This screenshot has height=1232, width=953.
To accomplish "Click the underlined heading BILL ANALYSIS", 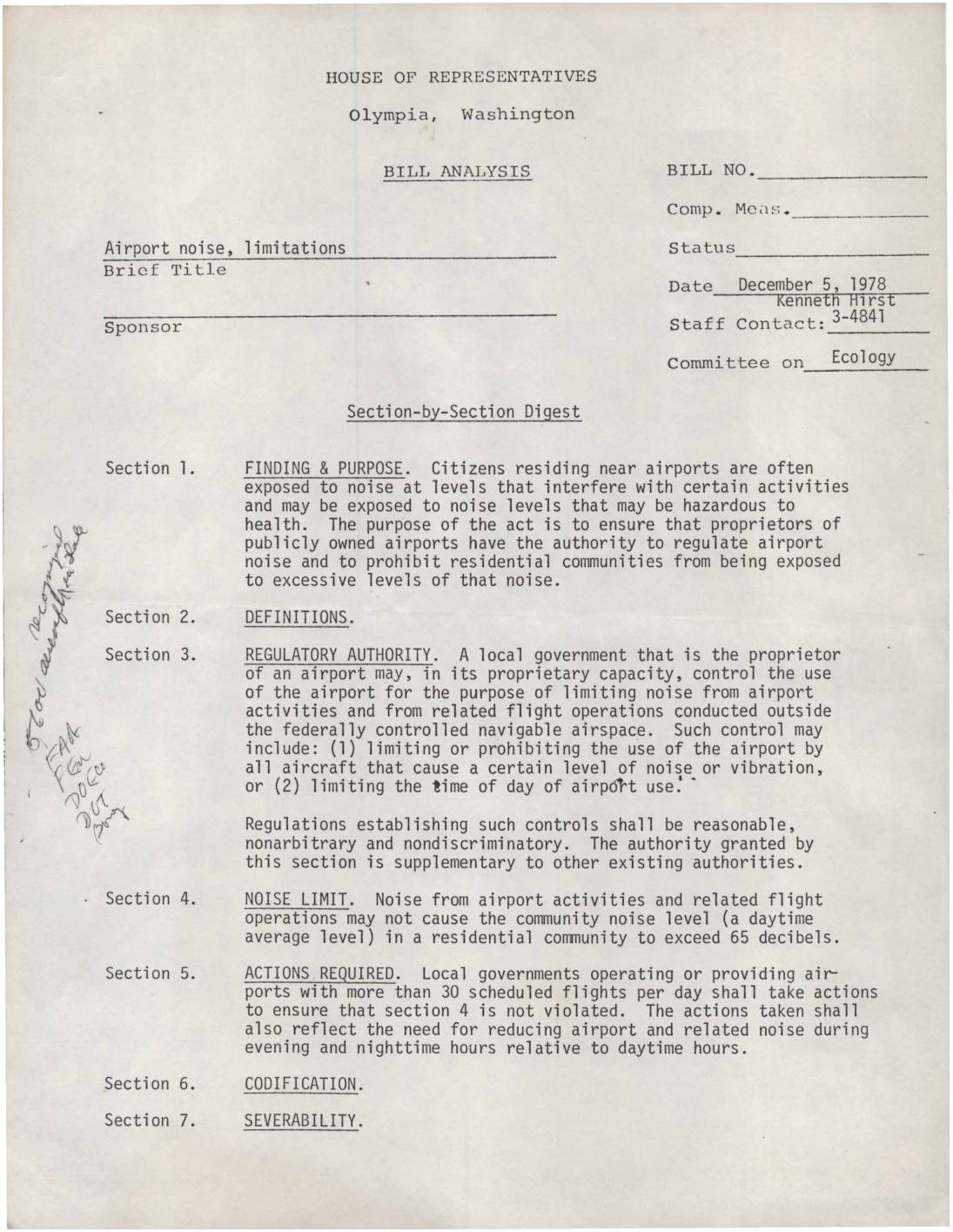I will [457, 172].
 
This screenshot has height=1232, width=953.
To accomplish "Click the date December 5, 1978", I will [811, 285].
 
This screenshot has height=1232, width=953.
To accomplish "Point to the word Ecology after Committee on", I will [862, 357].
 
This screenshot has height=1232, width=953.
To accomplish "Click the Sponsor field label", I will [143, 328].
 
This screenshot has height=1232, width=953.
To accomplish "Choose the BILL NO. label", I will [710, 171].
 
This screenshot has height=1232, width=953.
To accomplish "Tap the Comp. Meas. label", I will [728, 210].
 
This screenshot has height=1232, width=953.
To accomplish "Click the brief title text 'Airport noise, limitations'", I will [225, 248].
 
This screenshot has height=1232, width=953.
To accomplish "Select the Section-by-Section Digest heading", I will [463, 412].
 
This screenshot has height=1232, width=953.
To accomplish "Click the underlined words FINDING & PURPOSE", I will [324, 468].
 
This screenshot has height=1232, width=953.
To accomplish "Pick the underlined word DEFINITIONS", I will [298, 618].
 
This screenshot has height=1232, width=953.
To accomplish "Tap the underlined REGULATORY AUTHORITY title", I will [339, 655].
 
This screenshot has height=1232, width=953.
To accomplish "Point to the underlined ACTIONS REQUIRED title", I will [319, 974].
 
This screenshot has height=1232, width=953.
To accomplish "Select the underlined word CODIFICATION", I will [301, 1085].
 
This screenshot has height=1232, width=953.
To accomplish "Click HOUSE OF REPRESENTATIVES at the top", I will [461, 77].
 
